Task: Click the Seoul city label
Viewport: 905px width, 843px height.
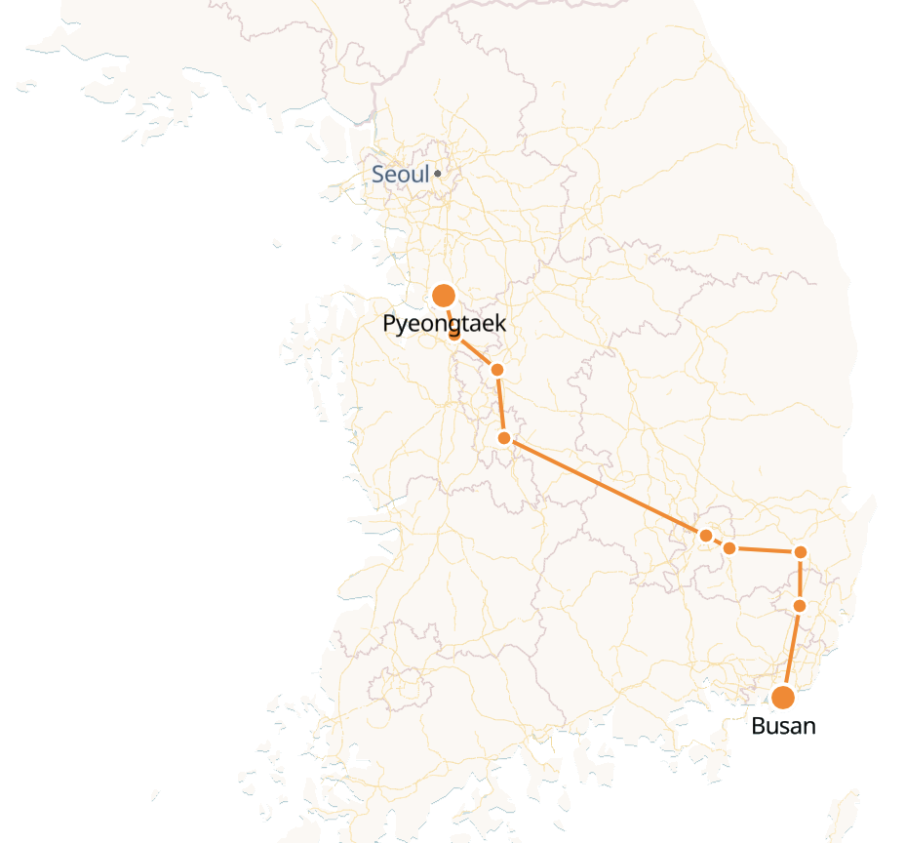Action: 401,175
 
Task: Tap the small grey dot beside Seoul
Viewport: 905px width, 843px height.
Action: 438,174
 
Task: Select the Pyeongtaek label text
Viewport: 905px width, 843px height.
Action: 445,324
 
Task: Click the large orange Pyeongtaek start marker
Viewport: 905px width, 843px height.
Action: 445,295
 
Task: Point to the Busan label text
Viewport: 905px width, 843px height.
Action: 783,726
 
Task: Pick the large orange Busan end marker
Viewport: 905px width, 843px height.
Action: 782,697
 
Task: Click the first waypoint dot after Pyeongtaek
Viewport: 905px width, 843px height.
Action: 454,336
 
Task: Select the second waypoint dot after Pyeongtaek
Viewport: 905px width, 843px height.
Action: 497,370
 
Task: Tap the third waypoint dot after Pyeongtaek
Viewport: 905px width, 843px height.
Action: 504,438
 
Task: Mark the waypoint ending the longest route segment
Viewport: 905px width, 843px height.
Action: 706,536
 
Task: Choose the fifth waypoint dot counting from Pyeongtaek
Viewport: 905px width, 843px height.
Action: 729,548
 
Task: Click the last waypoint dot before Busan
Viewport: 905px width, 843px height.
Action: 800,606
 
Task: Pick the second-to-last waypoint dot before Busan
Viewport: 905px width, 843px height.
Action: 801,552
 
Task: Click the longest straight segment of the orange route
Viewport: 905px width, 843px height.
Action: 605,487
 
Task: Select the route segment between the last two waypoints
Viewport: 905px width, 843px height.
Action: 801,579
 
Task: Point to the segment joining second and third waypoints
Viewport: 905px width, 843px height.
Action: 500,404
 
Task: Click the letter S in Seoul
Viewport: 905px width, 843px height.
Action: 378,175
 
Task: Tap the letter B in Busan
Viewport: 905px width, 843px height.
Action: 759,726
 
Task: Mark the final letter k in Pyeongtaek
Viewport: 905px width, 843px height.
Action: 500,324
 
